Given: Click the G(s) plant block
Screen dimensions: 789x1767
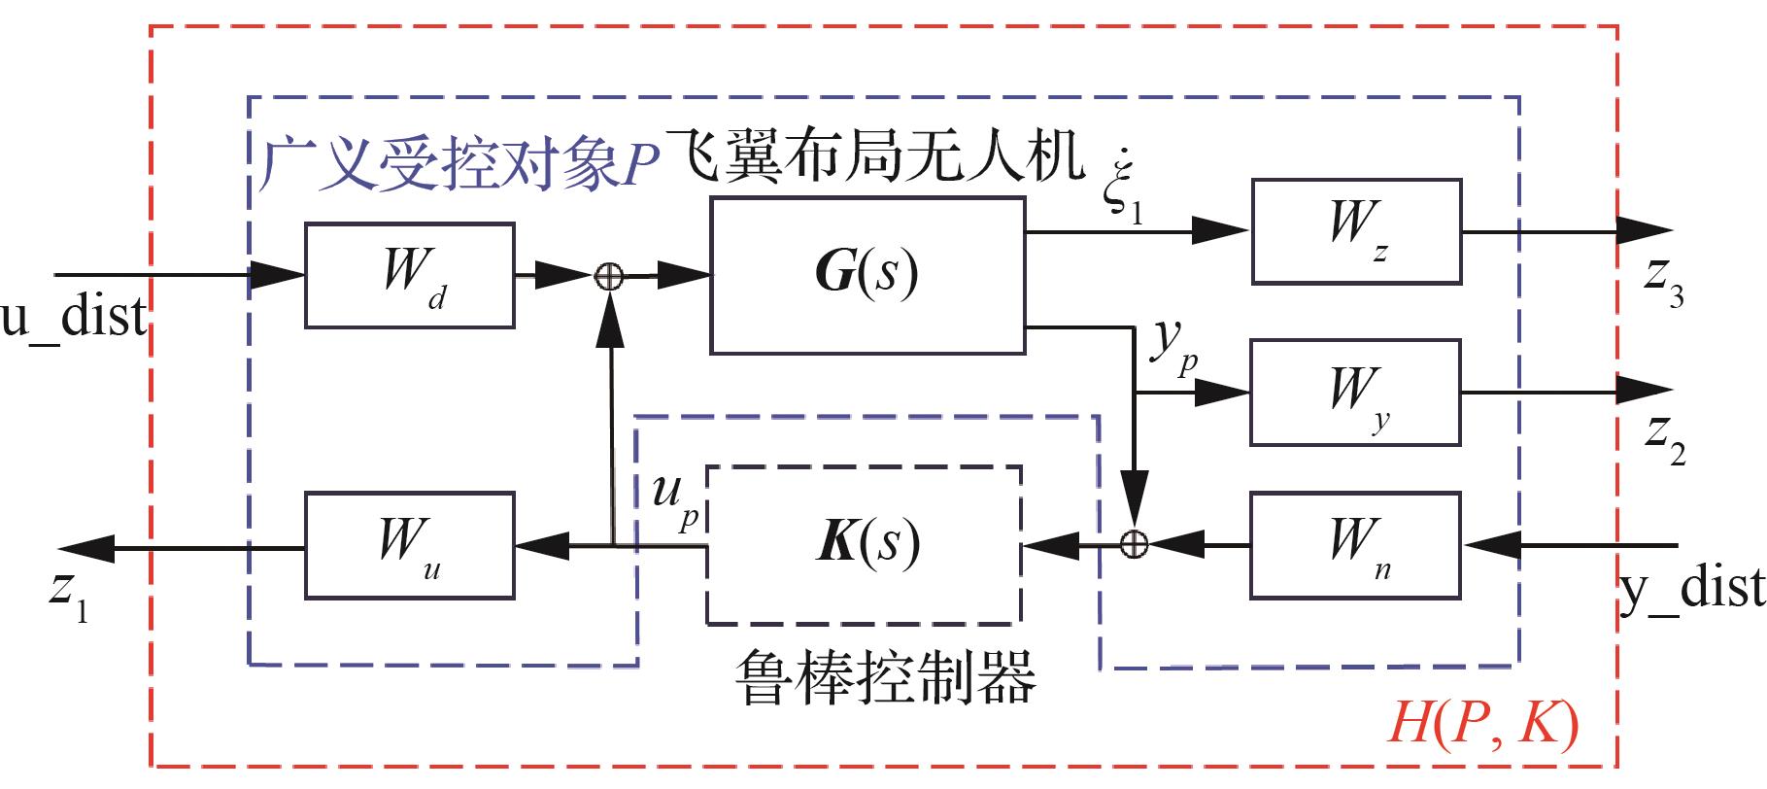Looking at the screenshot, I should tap(867, 275).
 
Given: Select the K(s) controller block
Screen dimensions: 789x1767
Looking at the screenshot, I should tap(864, 544).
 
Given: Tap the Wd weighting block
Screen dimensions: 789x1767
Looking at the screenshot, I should tap(409, 275).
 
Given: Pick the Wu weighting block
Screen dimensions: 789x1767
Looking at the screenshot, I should tap(409, 545).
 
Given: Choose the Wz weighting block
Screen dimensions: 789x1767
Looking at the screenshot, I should tap(1356, 231).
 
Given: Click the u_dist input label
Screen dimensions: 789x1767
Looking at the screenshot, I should tap(74, 317).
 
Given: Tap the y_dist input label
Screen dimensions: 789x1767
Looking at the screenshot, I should tap(1691, 589).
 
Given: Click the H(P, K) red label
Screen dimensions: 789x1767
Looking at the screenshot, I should tap(1483, 723).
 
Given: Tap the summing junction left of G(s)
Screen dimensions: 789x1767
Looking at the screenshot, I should tap(609, 277).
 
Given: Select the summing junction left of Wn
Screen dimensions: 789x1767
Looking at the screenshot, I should tap(1135, 544).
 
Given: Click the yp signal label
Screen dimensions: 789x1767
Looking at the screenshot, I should tap(1172, 350).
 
